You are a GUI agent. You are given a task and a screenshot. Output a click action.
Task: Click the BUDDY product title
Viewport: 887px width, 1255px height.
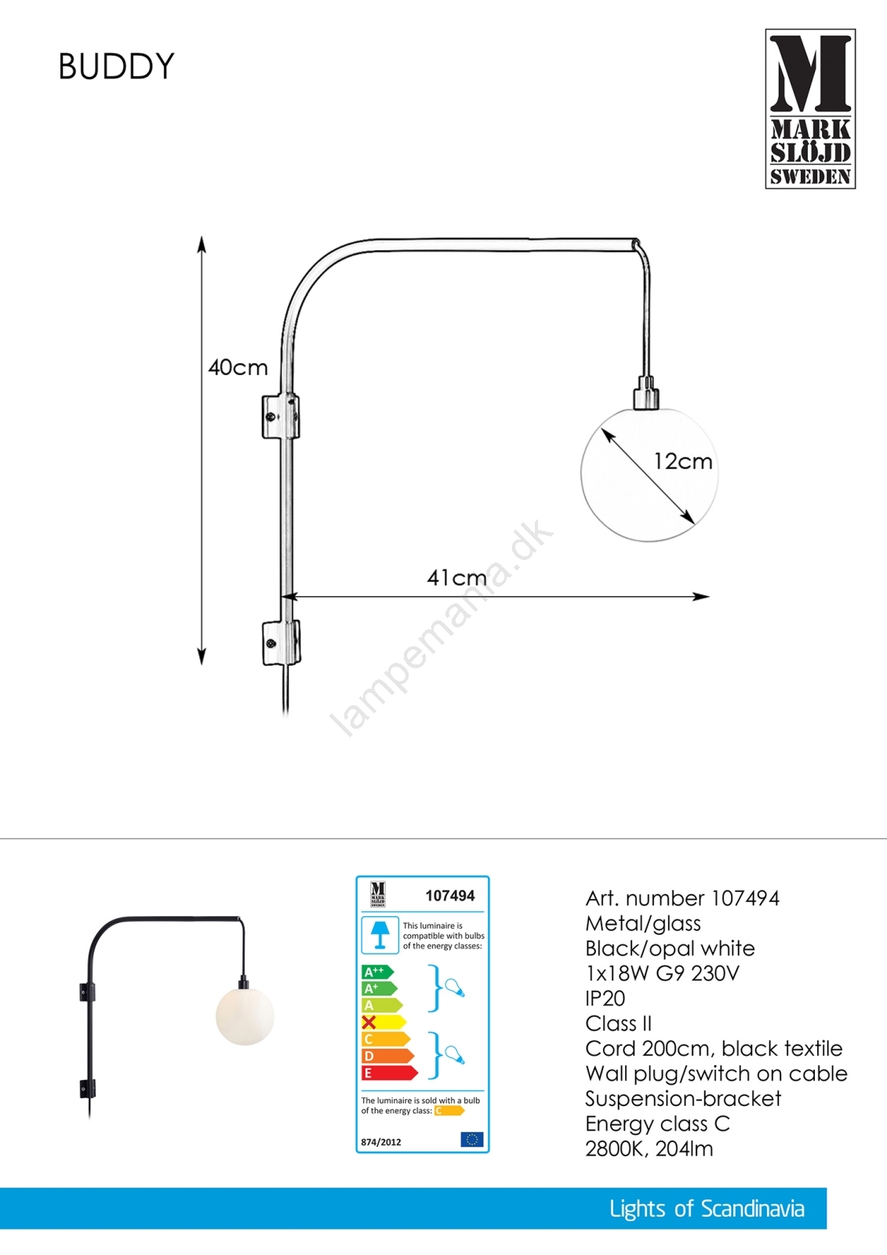[117, 67]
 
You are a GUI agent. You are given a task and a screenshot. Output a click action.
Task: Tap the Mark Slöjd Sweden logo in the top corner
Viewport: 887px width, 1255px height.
[810, 109]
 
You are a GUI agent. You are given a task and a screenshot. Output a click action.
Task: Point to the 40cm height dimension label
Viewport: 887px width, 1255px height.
[238, 368]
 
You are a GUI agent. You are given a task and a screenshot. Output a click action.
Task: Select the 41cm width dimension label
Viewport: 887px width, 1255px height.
[456, 577]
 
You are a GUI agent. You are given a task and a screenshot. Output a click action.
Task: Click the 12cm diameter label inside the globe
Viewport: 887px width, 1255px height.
[683, 461]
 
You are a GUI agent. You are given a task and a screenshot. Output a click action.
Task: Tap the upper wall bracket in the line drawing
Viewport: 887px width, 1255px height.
[281, 417]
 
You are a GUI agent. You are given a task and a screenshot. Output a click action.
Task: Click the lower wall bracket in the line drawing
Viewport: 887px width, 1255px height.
[282, 642]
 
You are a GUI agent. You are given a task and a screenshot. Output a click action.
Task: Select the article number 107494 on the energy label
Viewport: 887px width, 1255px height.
[450, 896]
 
